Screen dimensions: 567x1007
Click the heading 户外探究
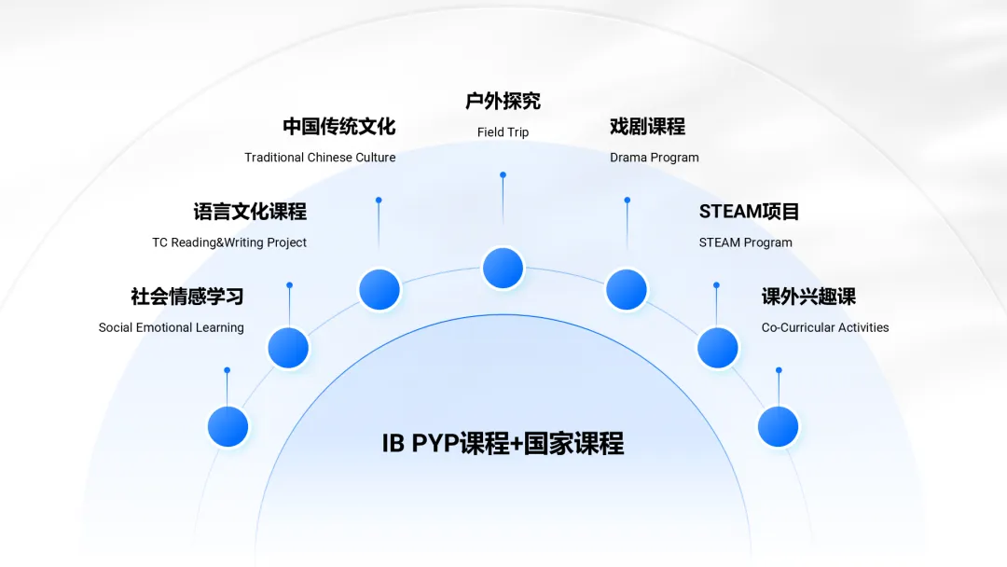click(x=503, y=101)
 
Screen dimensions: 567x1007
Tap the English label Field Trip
click(x=503, y=132)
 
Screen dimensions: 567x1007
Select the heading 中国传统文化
click(x=339, y=126)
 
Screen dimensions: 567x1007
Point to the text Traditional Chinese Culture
click(x=320, y=158)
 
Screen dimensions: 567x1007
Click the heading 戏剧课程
click(x=647, y=126)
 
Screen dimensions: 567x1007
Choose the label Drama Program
click(x=654, y=158)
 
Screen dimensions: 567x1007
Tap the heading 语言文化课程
click(x=250, y=212)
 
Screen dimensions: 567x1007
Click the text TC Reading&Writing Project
click(x=229, y=242)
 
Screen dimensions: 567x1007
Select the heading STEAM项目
click(x=749, y=212)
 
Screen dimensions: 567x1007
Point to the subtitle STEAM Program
click(x=745, y=242)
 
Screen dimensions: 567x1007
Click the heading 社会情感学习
click(x=186, y=297)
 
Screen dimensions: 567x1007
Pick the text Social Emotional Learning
click(x=171, y=327)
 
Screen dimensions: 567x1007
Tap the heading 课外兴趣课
click(x=808, y=297)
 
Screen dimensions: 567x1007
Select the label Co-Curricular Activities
click(x=824, y=327)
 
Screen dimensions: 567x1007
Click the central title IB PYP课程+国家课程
click(x=503, y=443)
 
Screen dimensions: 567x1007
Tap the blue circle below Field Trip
click(x=503, y=269)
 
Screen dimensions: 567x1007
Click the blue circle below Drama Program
click(x=627, y=290)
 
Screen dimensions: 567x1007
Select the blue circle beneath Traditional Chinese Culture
click(x=379, y=290)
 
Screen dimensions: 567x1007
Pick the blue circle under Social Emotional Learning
click(x=228, y=427)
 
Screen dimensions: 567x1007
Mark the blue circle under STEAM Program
click(x=718, y=348)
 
